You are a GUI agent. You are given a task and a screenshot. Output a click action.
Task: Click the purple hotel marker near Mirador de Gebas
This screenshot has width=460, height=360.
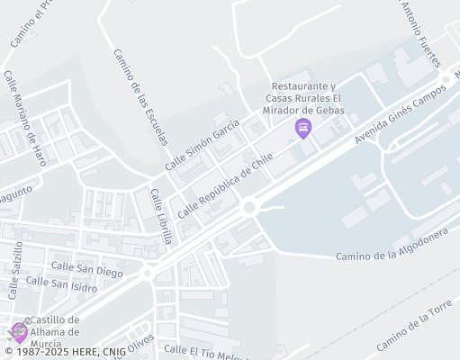click(x=303, y=130)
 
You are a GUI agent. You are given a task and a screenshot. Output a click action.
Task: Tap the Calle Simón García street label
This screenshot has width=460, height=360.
click(x=203, y=144)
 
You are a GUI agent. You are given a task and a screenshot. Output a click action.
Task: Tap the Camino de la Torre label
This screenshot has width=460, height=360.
click(x=413, y=328)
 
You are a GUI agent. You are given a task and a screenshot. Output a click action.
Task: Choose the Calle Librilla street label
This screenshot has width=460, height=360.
click(x=160, y=217)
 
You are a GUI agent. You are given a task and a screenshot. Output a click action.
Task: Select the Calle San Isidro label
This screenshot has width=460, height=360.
click(x=60, y=284)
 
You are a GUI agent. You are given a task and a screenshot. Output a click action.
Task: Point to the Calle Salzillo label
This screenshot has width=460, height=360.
click(x=15, y=270)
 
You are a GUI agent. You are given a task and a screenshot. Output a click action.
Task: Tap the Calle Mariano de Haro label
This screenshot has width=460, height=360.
click(x=24, y=118)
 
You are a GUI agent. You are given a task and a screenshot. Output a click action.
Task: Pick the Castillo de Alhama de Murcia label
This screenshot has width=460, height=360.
click(x=56, y=333)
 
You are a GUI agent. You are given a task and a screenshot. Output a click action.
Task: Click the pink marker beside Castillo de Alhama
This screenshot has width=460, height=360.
click(x=19, y=332)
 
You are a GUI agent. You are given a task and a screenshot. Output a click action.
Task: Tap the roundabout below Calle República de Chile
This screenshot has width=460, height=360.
click(x=249, y=208)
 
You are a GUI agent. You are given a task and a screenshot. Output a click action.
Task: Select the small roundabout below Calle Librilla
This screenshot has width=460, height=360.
click(x=148, y=272)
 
